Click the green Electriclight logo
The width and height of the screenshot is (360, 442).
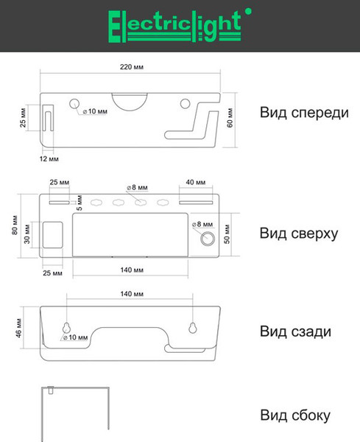point(175,25)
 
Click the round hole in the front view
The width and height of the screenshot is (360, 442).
point(75,103)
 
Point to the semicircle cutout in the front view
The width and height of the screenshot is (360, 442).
point(130,100)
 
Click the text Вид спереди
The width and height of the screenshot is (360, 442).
point(303,113)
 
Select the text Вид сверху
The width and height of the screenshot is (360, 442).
point(298,234)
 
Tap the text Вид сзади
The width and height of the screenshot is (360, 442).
point(294,332)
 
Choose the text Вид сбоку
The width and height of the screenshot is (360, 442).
point(294,416)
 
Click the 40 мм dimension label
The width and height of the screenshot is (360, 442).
point(196,182)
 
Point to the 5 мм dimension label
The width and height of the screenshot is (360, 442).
point(80,200)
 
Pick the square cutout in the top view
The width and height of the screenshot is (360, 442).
point(53,235)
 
